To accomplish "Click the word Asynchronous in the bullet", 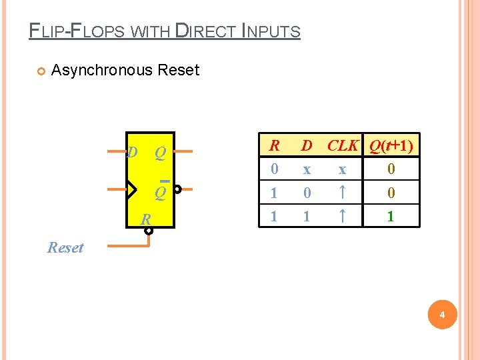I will click(x=103, y=70).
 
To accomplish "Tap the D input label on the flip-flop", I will click(x=133, y=153).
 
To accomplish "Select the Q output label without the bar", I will click(x=160, y=153).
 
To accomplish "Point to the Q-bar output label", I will click(x=160, y=193).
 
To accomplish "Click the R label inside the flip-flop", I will click(x=145, y=219).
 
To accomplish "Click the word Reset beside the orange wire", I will click(x=65, y=248).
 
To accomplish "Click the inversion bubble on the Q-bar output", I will click(x=178, y=189).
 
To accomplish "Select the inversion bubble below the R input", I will click(x=149, y=231).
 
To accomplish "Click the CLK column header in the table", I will click(x=343, y=145).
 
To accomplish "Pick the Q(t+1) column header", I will click(x=391, y=145).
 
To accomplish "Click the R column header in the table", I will click(x=273, y=145).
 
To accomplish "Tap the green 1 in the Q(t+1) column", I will click(x=391, y=217).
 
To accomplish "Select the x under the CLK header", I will click(x=341, y=170).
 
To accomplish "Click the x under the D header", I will click(x=307, y=170).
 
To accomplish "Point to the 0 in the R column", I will click(x=273, y=170).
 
